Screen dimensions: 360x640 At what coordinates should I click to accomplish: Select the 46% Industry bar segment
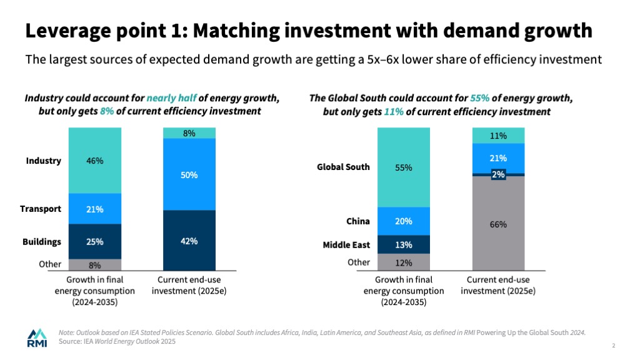pyautogui.click(x=95, y=161)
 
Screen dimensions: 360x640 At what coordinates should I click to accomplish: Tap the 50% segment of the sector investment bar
pyautogui.click(x=189, y=175)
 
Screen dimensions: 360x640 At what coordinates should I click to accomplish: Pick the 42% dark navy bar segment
pyautogui.click(x=189, y=241)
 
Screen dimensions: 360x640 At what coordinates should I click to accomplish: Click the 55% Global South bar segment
pyautogui.click(x=403, y=167)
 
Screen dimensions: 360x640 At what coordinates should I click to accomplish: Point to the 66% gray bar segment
pyautogui.click(x=498, y=223)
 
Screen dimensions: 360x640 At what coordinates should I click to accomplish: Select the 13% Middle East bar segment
pyautogui.click(x=403, y=244)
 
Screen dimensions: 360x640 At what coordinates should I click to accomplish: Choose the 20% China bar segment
pyautogui.click(x=403, y=221)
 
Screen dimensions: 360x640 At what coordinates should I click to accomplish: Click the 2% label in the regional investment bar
pyautogui.click(x=498, y=175)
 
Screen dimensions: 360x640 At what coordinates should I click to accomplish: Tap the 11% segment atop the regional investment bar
pyautogui.click(x=498, y=136)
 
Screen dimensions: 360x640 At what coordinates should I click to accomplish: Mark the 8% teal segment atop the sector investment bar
pyautogui.click(x=189, y=133)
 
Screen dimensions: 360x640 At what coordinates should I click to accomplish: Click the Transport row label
pyautogui.click(x=41, y=209)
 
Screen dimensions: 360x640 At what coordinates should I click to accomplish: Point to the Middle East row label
pyautogui.click(x=346, y=245)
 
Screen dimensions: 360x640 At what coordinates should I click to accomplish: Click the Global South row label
pyautogui.click(x=343, y=167)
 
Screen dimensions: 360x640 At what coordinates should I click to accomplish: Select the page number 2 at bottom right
pyautogui.click(x=614, y=346)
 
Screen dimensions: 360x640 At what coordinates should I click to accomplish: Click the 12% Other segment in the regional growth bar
pyautogui.click(x=403, y=262)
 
